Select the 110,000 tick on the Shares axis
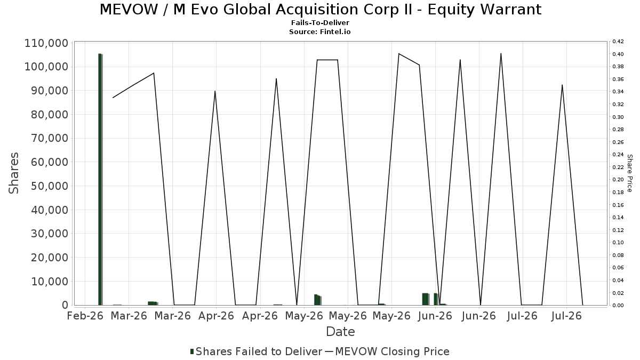46,43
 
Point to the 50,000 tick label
49,186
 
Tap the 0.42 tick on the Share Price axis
618,42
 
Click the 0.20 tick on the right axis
618,180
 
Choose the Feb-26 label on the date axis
85,316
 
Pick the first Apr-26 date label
216,316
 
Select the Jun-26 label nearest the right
478,316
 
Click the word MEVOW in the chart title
129,10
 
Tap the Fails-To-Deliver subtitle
320,22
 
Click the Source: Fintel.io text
319,31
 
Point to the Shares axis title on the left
13,173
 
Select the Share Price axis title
629,173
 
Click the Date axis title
340,332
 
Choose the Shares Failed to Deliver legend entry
256,351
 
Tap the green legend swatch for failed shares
192,351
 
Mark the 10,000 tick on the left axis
49,282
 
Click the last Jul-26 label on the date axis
566,316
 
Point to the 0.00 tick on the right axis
618,306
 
